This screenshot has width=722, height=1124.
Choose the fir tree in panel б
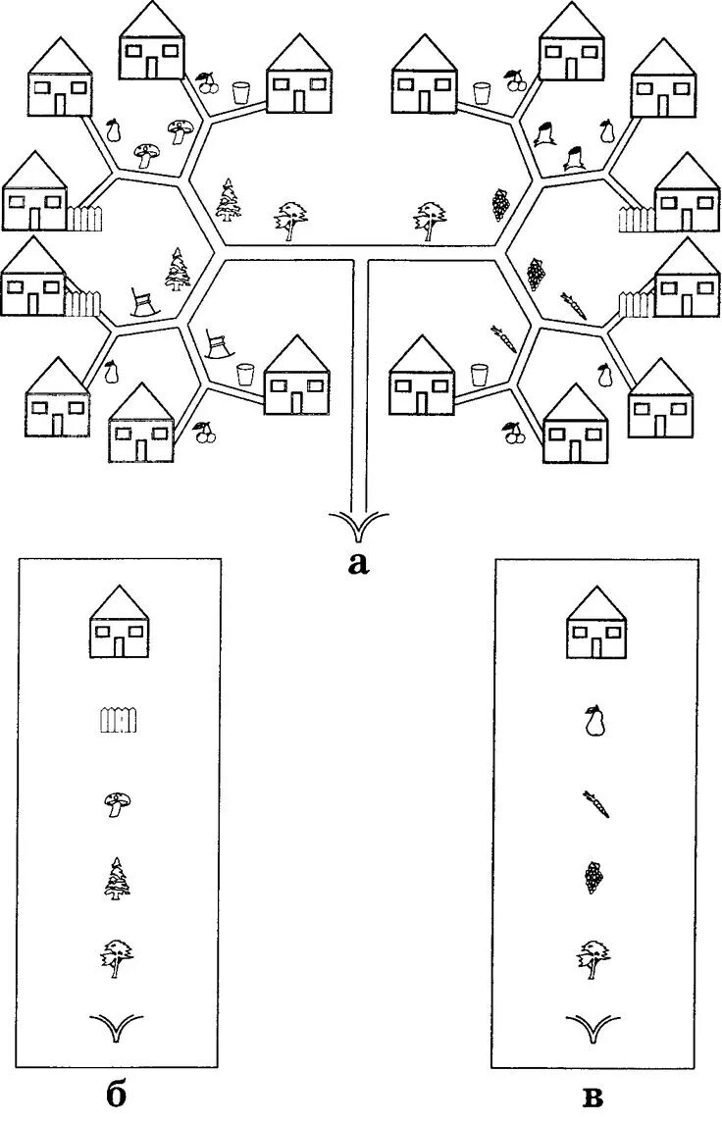point(118,878)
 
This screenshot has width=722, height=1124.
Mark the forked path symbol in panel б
point(119,1031)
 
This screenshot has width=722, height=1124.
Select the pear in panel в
point(593,722)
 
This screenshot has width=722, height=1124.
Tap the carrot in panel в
point(595,804)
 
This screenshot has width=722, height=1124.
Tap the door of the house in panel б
point(120,645)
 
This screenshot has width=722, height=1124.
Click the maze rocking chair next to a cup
point(218,343)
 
